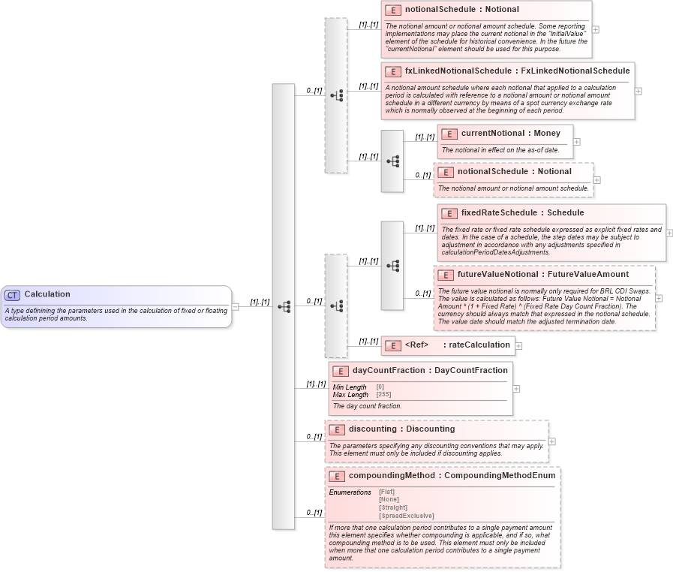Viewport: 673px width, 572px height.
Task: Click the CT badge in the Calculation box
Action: pyautogui.click(x=13, y=295)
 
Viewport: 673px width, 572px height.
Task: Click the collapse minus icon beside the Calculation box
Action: pyautogui.click(x=235, y=306)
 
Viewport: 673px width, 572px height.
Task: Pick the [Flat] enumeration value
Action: pyautogui.click(x=387, y=492)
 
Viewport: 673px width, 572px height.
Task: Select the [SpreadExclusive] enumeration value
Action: pyautogui.click(x=406, y=516)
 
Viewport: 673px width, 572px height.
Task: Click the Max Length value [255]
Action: pyautogui.click(x=384, y=395)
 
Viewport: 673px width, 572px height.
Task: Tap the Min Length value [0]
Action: pyautogui.click(x=380, y=387)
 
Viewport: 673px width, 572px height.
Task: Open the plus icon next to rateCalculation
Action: pyautogui.click(x=518, y=346)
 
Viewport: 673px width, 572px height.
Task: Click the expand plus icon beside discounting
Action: pyautogui.click(x=552, y=441)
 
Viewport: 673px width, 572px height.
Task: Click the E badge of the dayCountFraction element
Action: pyautogui.click(x=340, y=371)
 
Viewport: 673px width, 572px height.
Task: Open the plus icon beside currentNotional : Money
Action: pyautogui.click(x=576, y=141)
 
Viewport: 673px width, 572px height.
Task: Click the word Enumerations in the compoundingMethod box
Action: pyautogui.click(x=350, y=492)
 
